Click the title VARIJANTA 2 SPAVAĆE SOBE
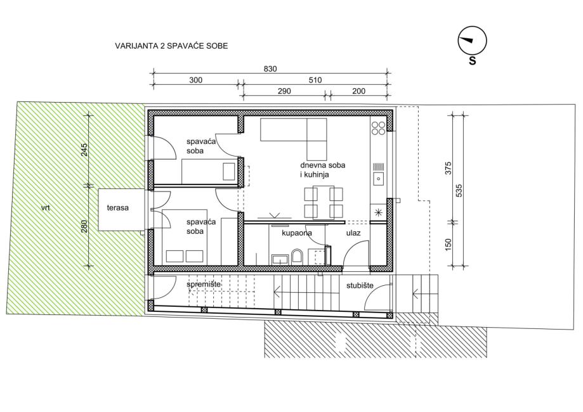171,46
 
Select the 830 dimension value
270,68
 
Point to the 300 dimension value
195,80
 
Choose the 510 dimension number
315,80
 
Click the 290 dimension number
284,91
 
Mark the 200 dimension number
359,91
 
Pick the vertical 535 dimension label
459,190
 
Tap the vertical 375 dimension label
448,168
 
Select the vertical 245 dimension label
84,150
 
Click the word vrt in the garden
46,208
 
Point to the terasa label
118,208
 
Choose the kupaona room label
297,233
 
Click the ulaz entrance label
353,233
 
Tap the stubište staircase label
360,286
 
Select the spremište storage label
204,285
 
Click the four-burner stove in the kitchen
379,128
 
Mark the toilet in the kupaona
298,256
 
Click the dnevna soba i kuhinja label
323,170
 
